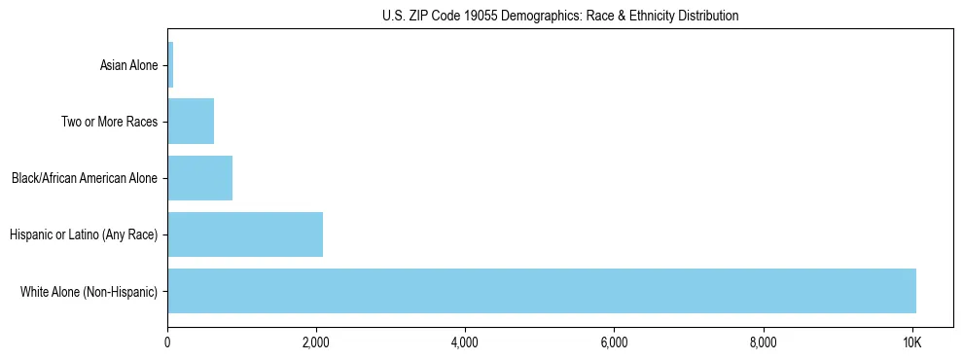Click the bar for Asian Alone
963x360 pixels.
(x=170, y=65)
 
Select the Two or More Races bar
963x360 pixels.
(x=191, y=122)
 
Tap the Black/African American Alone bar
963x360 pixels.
(x=199, y=178)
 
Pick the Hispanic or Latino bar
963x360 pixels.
(x=245, y=234)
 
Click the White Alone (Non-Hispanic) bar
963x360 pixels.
(x=542, y=290)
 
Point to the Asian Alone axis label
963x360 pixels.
(x=128, y=66)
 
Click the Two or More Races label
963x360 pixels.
(x=109, y=123)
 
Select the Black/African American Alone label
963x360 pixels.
(x=85, y=179)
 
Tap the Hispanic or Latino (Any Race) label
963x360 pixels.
(x=84, y=234)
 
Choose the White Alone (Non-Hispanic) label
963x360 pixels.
(x=89, y=291)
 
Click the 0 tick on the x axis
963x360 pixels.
(x=167, y=342)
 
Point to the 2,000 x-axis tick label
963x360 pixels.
(x=316, y=342)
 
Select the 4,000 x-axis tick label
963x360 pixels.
(x=465, y=342)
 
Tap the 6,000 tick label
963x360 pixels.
(x=614, y=342)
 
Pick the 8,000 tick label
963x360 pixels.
(x=763, y=342)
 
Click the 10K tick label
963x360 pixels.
(x=911, y=342)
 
